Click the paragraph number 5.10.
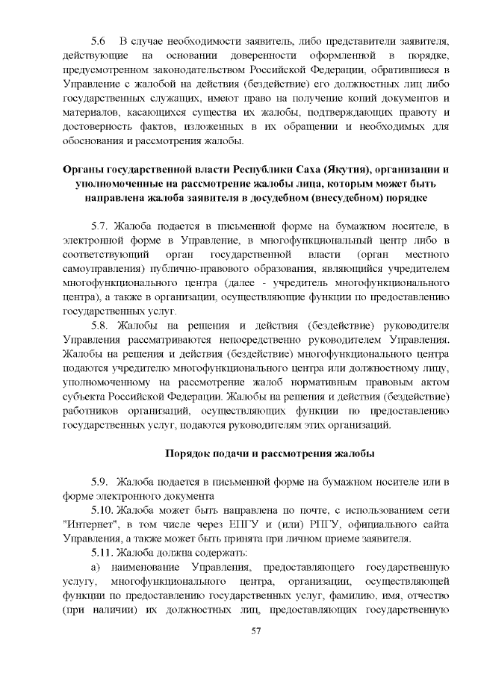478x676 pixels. [x=103, y=509]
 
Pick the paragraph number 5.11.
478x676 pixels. [x=103, y=552]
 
